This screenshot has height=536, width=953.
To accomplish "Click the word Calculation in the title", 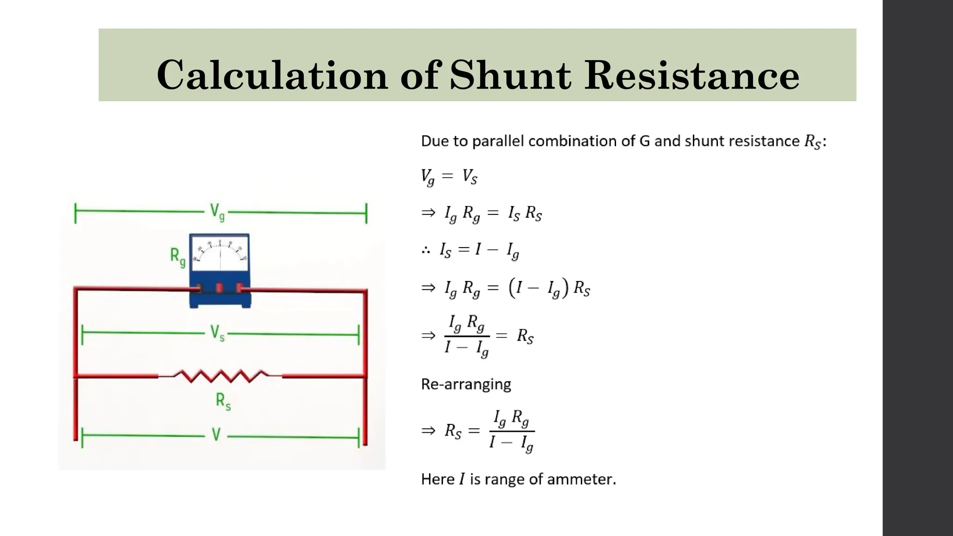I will (x=272, y=75).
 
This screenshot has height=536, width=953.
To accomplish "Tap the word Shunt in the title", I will (x=510, y=75).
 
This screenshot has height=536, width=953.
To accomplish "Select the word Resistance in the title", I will (x=692, y=75).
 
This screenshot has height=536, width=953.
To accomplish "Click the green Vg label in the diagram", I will (x=217, y=212).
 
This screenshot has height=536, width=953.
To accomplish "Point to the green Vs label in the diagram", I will (x=217, y=333).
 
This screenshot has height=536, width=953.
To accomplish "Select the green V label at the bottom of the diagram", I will (x=216, y=435).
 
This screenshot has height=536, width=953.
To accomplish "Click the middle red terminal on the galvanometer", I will (x=220, y=288).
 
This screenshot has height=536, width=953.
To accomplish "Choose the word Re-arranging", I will (x=466, y=384).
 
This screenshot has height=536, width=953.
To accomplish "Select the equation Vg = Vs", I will (x=449, y=177).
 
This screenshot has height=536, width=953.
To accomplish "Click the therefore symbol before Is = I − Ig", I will (x=426, y=250).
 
